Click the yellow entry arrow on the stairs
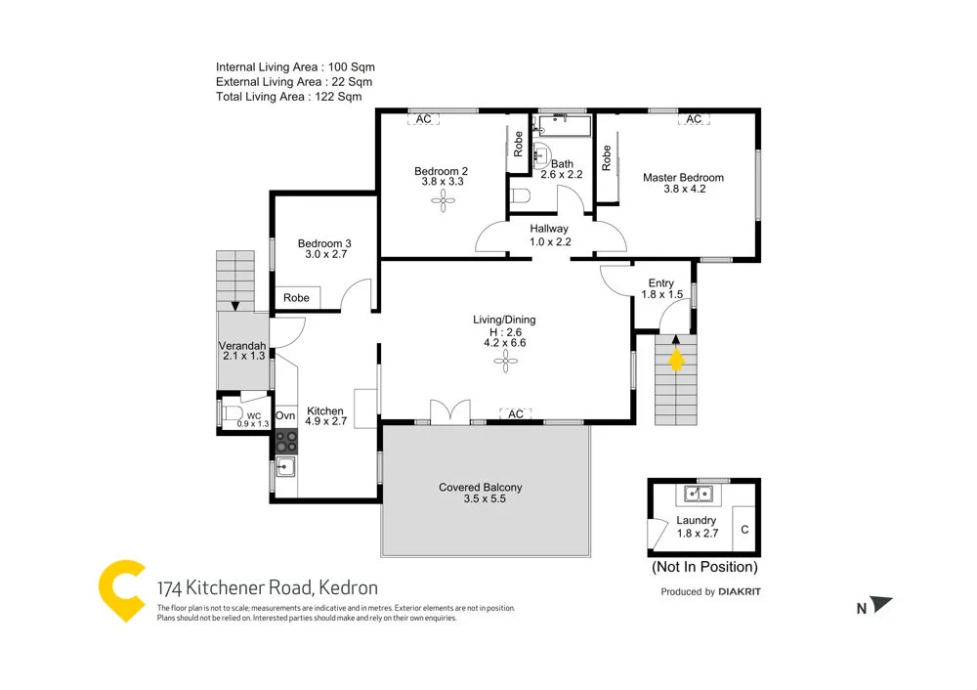(x=675, y=360)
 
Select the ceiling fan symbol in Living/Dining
(x=505, y=363)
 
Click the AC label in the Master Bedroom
(x=694, y=119)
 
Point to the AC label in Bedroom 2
(x=424, y=119)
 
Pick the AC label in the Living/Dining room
(x=516, y=414)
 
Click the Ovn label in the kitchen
(x=285, y=416)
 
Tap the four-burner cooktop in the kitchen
(x=285, y=441)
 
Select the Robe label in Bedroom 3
(x=296, y=298)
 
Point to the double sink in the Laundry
(x=699, y=493)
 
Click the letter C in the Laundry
(x=744, y=530)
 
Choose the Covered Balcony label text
(x=480, y=488)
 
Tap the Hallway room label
(x=549, y=229)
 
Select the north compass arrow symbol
(x=881, y=606)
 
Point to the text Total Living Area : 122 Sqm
(x=288, y=97)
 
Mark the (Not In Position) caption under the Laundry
(x=703, y=567)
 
